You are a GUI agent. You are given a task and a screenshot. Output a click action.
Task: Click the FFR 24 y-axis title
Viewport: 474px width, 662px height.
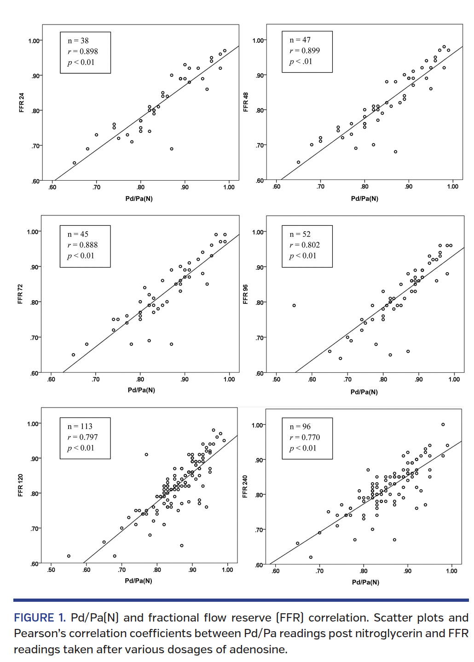point(21,103)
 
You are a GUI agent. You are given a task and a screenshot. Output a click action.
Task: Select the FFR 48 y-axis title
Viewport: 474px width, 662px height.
point(245,102)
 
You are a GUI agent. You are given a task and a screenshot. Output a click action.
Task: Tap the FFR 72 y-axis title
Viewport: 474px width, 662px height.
point(20,294)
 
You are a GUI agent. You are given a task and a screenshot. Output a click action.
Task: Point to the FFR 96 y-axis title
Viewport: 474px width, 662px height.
point(245,294)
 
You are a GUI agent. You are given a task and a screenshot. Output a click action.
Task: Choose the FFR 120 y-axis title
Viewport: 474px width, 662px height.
point(20,485)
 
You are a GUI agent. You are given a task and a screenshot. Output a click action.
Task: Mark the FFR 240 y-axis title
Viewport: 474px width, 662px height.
point(245,486)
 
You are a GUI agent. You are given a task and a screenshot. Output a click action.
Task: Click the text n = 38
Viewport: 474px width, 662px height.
point(78,41)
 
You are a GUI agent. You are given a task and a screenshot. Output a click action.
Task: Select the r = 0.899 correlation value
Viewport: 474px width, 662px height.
point(305,51)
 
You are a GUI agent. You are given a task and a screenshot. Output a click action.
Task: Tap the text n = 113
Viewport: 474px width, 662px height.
point(80,426)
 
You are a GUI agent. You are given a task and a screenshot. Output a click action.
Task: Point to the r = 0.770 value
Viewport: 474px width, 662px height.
point(305,437)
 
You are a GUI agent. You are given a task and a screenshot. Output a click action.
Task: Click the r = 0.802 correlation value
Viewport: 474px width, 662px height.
point(305,245)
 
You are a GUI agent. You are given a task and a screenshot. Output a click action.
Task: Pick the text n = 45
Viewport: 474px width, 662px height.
point(78,234)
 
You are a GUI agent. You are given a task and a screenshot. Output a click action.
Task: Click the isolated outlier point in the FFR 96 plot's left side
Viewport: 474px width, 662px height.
point(294,305)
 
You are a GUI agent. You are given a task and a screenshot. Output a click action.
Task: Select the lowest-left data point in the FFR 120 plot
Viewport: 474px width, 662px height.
point(69,556)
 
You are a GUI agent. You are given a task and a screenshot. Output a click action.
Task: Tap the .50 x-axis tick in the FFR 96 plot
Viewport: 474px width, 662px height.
point(276,379)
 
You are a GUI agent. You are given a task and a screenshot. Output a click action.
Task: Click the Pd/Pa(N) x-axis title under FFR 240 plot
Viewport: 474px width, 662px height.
point(365,582)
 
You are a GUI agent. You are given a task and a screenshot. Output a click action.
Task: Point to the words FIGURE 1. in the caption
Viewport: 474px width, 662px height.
point(40,617)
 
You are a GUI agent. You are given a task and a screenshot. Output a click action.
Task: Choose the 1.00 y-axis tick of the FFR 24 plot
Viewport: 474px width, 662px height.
point(34,41)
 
